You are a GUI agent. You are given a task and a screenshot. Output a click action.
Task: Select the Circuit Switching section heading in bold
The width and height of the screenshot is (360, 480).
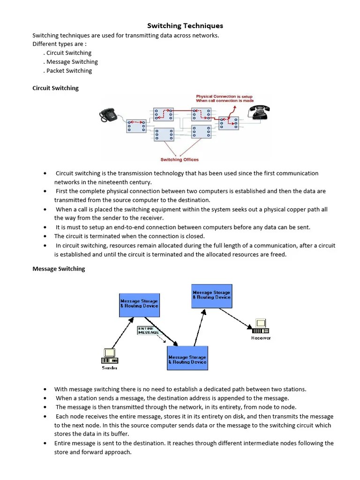55,88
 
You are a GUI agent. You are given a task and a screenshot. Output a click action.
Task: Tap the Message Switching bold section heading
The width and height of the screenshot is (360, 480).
59,269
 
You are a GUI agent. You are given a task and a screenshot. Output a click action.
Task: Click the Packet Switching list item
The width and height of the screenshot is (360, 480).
69,71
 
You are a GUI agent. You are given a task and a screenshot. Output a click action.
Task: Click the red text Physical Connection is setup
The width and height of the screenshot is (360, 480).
224,97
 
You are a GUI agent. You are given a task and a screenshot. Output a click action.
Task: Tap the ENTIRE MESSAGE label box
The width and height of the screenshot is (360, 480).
148,330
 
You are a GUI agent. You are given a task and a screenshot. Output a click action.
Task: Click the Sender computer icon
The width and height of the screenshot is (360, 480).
109,356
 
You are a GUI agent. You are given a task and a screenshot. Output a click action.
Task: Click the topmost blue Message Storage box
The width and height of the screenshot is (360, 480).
211,295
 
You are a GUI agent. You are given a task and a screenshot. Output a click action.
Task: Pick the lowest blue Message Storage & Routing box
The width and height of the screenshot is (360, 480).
187,359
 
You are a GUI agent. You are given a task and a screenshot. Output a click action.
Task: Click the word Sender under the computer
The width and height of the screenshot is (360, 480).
110,368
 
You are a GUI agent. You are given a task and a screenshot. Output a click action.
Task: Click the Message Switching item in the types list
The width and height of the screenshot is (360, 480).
72,62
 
